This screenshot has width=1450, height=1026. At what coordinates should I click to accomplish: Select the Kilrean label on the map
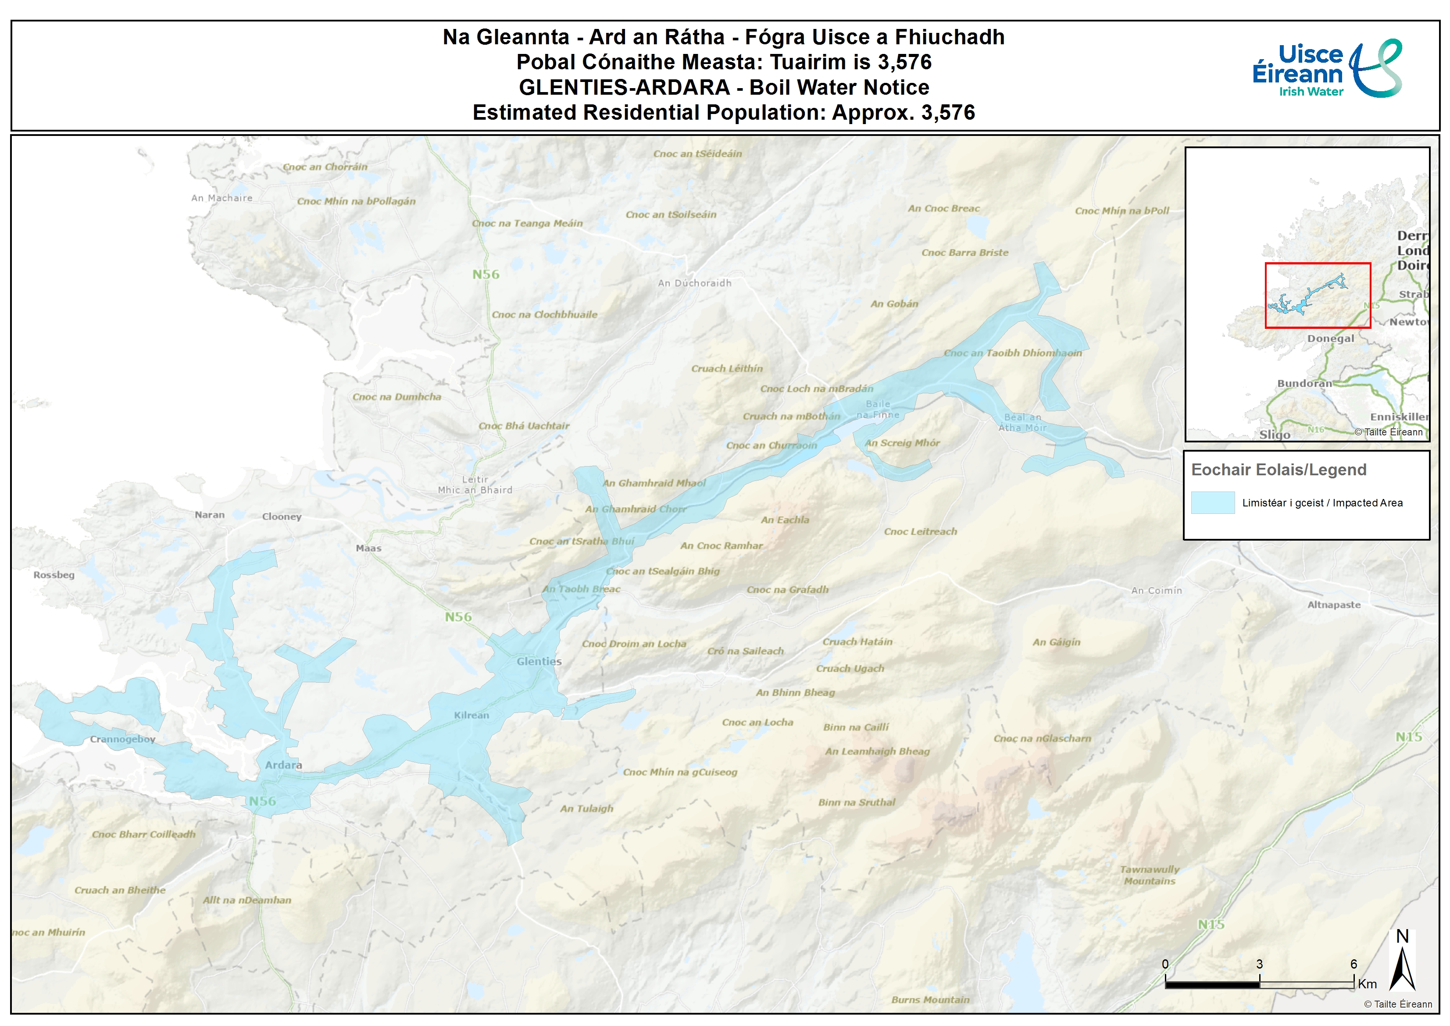(x=471, y=715)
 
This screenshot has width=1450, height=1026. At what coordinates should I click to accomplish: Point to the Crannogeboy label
(x=122, y=739)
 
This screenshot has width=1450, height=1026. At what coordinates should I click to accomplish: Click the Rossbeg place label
(x=54, y=575)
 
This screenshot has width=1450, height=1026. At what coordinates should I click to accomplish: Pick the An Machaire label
(x=222, y=198)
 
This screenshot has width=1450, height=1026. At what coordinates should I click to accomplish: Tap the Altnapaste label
(x=1334, y=605)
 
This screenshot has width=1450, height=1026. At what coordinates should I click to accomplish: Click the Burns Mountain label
(x=930, y=999)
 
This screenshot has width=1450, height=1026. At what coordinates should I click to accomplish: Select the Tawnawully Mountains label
(x=1149, y=875)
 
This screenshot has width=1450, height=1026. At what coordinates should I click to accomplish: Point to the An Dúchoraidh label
(x=694, y=283)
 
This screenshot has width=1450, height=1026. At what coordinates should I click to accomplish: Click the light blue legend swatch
(x=1212, y=503)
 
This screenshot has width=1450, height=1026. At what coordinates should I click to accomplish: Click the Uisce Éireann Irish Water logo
(x=1327, y=69)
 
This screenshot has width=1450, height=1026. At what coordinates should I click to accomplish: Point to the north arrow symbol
(x=1402, y=967)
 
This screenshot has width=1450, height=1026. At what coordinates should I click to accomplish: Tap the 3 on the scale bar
(x=1259, y=964)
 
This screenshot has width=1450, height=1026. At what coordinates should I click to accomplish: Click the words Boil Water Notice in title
(x=839, y=87)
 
